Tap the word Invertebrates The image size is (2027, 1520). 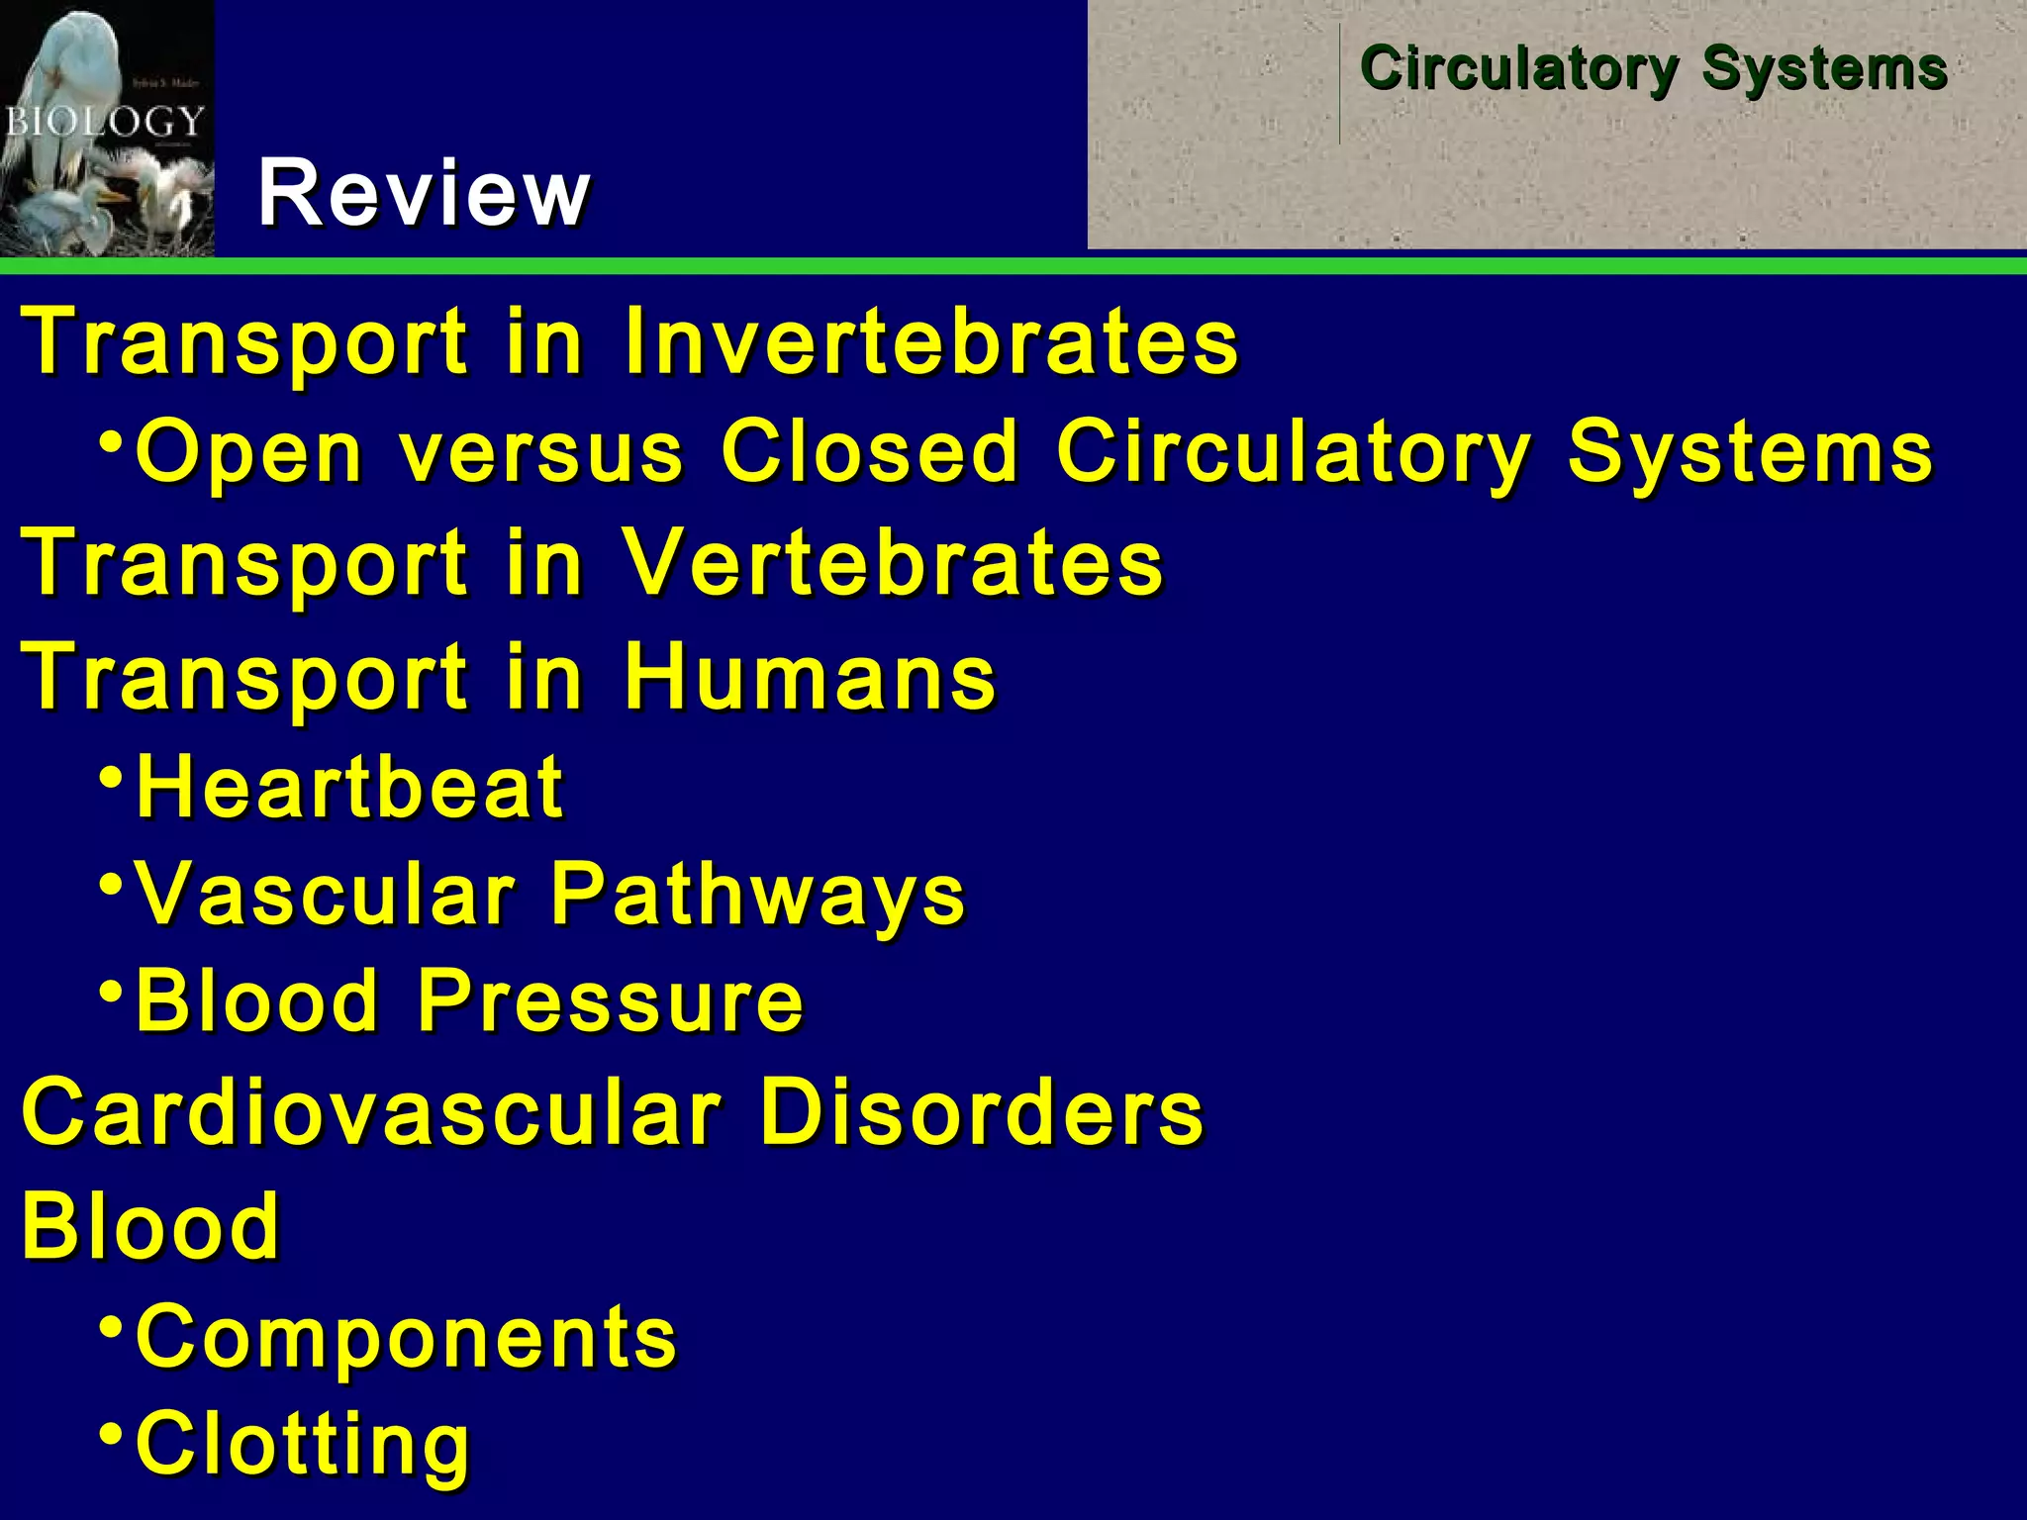click(x=930, y=341)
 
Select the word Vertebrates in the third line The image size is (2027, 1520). click(x=894, y=562)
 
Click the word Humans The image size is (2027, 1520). click(x=810, y=677)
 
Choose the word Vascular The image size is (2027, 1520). click(x=326, y=894)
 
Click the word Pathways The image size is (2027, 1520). click(x=757, y=896)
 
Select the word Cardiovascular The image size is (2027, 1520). click(x=371, y=1112)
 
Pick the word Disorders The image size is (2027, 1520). click(x=982, y=1112)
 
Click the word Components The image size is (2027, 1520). click(x=406, y=1337)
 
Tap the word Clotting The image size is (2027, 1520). click(x=302, y=1445)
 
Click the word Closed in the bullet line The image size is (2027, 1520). click(x=869, y=451)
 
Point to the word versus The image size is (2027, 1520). click(x=541, y=453)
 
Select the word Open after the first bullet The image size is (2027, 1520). click(x=249, y=453)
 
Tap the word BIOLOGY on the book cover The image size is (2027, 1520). click(x=104, y=122)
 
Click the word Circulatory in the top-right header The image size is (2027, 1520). click(x=1518, y=69)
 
